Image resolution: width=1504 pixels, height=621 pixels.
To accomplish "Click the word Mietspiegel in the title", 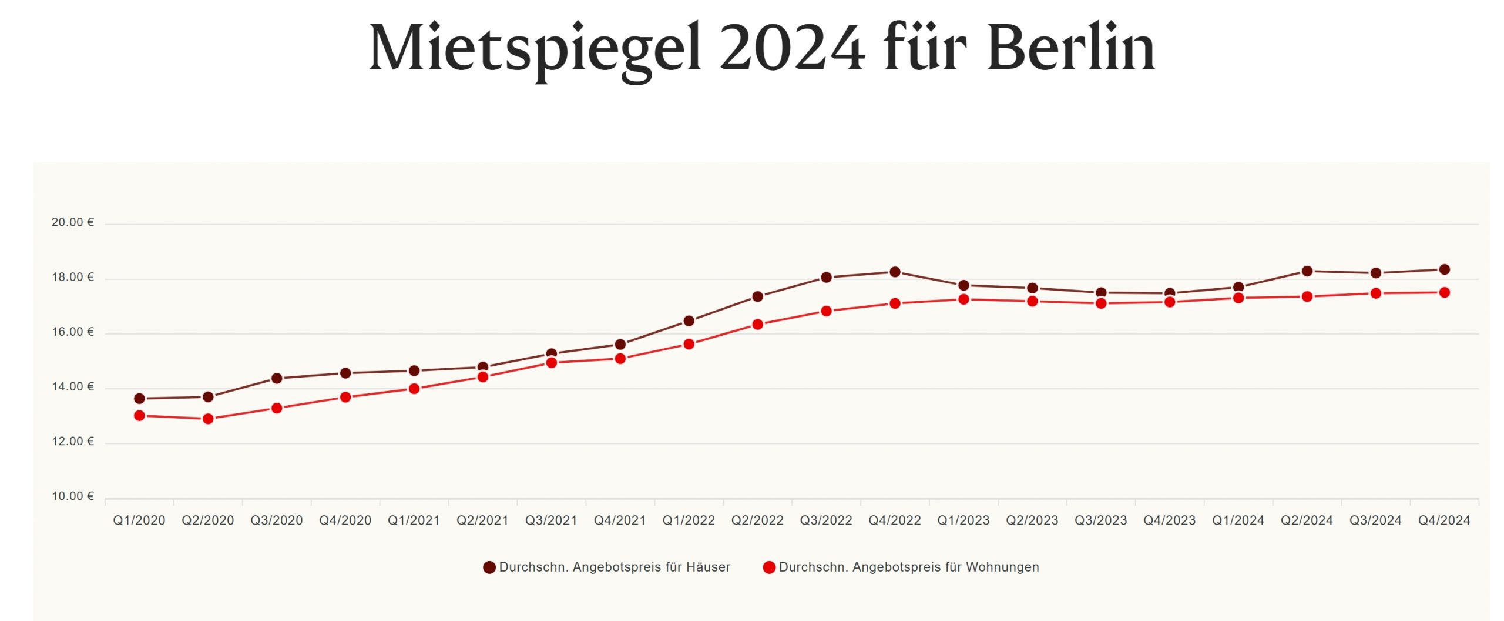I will click(535, 48).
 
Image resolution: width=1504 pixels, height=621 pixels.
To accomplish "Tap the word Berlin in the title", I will click(1071, 48).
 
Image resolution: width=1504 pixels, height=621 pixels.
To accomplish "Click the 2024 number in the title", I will click(792, 48).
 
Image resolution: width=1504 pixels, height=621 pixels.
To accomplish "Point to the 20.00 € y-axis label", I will click(73, 222).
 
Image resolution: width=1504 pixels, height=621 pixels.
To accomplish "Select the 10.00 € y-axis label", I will click(73, 496).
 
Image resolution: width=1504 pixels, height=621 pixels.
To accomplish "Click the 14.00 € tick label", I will click(73, 387).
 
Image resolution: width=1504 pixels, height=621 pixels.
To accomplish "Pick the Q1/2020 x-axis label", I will click(139, 520).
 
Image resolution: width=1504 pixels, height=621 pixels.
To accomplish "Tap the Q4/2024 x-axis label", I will click(1444, 520).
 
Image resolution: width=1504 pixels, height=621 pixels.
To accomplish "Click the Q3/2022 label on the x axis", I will click(826, 520).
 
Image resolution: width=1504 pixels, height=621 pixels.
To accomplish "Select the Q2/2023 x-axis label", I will click(1032, 520).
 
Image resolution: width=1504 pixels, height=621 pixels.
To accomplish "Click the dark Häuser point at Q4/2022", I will click(895, 272).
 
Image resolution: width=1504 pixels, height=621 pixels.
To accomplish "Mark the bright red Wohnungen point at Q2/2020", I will click(208, 419).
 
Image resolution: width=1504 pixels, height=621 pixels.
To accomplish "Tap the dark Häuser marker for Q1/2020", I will click(139, 399).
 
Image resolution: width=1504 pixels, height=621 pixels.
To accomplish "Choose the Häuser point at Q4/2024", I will click(1444, 270).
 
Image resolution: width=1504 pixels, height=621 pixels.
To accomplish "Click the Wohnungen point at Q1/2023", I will click(963, 300).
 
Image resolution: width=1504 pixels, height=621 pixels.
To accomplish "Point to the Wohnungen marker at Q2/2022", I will click(757, 325).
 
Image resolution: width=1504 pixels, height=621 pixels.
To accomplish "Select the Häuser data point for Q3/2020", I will click(277, 378).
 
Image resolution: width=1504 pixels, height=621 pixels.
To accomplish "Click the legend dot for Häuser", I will click(489, 567).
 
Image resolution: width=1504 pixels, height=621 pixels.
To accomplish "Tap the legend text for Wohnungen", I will click(909, 567).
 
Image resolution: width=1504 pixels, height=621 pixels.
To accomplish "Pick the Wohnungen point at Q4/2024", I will click(1444, 293).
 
